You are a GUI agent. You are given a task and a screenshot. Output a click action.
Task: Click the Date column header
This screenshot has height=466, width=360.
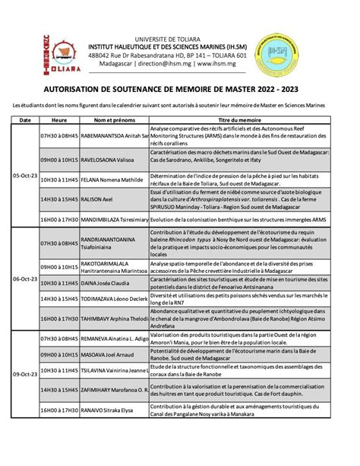(x=24, y=120)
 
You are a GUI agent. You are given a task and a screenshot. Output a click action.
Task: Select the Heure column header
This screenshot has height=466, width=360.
(x=58, y=120)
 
